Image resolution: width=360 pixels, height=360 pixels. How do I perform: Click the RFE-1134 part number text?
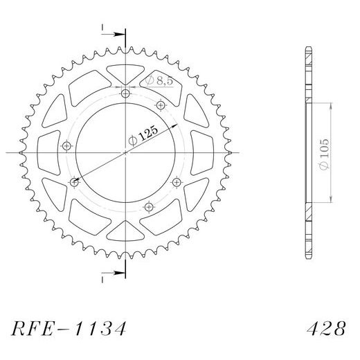[69, 328]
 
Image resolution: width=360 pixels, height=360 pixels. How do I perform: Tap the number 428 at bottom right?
[326, 328]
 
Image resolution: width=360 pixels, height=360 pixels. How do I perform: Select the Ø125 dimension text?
[143, 136]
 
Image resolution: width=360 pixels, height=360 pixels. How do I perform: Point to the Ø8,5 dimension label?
[159, 80]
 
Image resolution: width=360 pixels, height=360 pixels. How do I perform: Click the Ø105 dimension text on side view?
[324, 154]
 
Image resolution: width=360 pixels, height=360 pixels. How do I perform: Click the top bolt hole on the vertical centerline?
[125, 93]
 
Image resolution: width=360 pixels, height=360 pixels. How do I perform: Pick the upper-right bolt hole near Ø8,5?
[161, 105]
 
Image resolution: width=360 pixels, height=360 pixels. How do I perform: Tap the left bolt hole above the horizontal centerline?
[66, 146]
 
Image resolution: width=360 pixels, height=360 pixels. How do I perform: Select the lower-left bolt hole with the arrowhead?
[74, 183]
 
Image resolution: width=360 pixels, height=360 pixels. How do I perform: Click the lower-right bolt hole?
[177, 183]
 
